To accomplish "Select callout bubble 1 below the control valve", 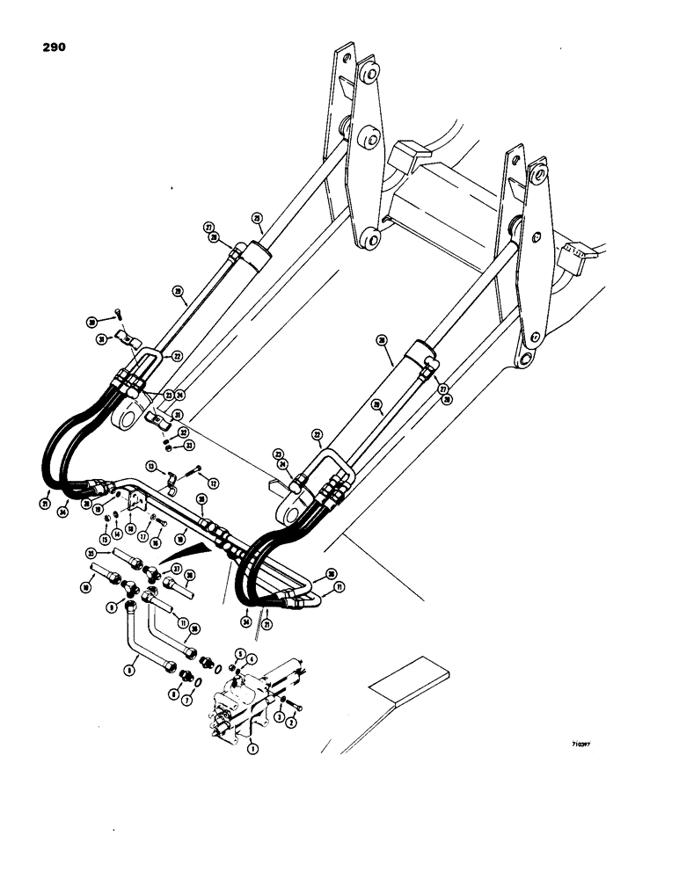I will pos(252,750).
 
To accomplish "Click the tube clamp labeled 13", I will pos(171,480).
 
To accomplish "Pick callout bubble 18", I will pos(131,527).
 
